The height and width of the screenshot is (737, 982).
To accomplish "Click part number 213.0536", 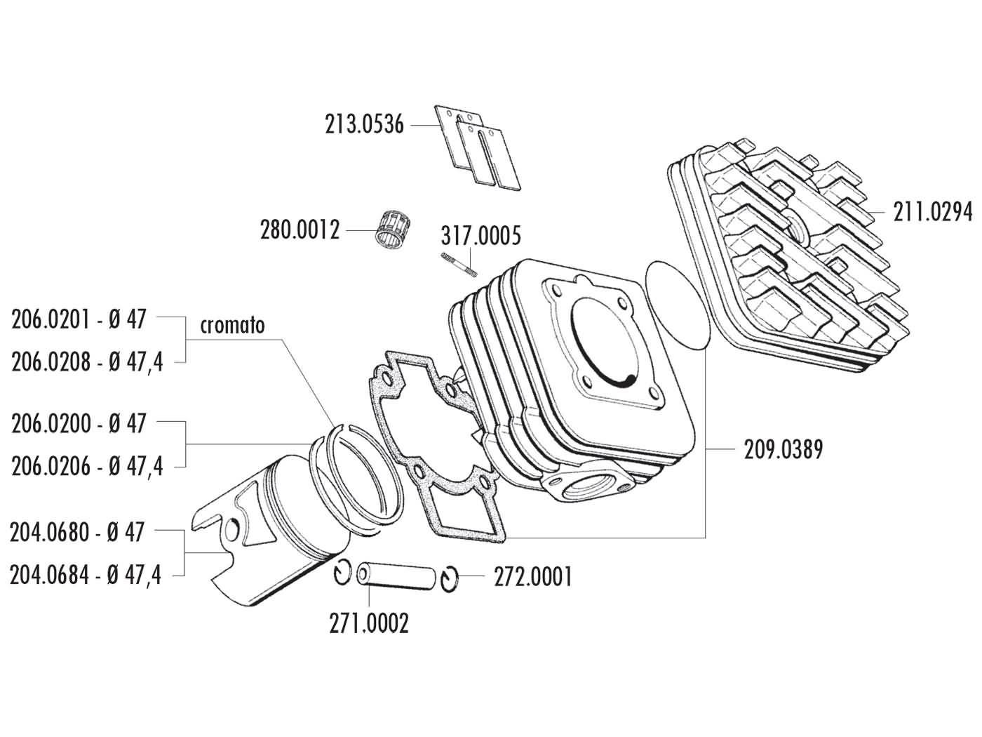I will pos(364,125).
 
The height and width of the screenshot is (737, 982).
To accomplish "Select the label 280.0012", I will pos(300,230).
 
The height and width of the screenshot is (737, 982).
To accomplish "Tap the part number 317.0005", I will pos(480,236).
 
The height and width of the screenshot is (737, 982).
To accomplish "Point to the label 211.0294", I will pos(932,211).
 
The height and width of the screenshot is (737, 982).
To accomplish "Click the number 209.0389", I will pos(783,449).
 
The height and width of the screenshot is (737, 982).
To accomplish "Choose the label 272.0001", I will pos(533,577).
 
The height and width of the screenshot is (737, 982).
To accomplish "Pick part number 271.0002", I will pos(369,623).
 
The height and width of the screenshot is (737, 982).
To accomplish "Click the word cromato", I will pos(232,326).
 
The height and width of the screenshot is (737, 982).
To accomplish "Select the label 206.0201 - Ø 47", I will pos(79,319).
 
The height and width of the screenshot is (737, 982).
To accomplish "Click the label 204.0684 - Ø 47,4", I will pos(86,576).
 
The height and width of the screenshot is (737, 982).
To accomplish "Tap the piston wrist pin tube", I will pos(396,575).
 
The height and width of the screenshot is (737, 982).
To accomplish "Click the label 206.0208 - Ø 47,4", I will pos(87,362).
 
